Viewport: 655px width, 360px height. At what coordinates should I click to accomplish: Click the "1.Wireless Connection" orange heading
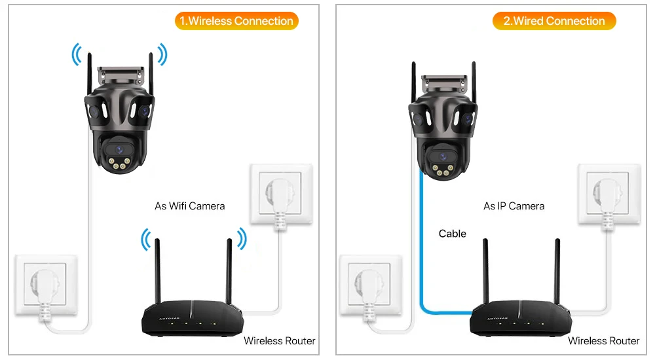[236, 21]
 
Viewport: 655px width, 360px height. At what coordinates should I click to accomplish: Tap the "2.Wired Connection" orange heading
[554, 21]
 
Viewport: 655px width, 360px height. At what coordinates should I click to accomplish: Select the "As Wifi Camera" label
[189, 206]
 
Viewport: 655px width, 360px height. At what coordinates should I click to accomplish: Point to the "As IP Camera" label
[514, 206]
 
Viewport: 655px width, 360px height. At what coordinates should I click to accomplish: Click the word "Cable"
[452, 234]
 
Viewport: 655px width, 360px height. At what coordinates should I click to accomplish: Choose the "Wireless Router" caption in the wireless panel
[279, 340]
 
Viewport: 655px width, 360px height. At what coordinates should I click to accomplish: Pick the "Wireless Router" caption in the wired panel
[603, 340]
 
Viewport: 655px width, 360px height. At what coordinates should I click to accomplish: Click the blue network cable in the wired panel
[421, 249]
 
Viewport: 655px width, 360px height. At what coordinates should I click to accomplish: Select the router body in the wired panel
[517, 321]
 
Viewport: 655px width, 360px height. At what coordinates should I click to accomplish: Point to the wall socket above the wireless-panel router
[281, 195]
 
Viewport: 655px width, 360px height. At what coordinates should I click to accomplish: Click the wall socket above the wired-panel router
[608, 195]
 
